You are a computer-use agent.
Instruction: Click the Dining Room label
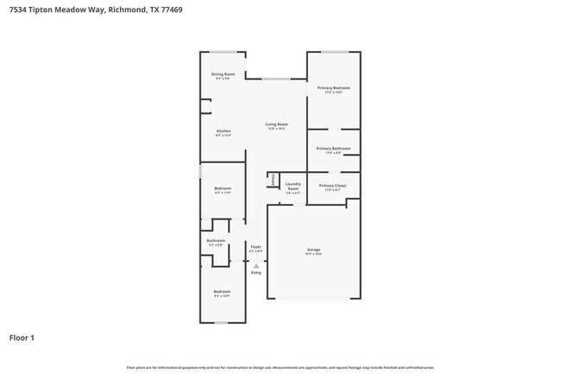tap(223, 74)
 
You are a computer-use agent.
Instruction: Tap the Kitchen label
tap(223, 131)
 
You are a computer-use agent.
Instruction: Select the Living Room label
tap(276, 124)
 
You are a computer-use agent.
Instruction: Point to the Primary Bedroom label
tap(333, 88)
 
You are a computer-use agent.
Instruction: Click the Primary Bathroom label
tap(333, 149)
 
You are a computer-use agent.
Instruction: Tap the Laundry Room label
tap(293, 186)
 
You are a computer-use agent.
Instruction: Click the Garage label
tap(313, 251)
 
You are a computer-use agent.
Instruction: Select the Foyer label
tap(255, 247)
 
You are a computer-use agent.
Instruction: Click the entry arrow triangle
tap(255, 265)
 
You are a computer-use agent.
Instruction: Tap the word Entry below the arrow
tap(255, 273)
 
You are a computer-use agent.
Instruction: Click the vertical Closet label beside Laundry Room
tap(274, 180)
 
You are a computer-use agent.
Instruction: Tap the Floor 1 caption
tap(22, 337)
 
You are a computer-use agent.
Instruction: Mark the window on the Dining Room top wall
tap(223, 52)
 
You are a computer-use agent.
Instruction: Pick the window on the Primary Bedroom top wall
tap(336, 52)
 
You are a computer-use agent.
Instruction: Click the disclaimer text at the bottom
tap(280, 367)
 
